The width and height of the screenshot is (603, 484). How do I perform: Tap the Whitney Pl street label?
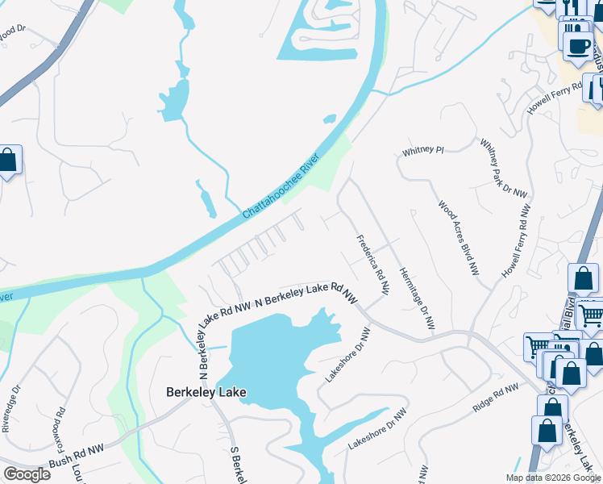click(423, 151)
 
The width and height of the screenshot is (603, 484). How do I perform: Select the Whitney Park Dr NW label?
click(503, 169)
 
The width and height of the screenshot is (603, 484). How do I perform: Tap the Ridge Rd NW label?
click(493, 400)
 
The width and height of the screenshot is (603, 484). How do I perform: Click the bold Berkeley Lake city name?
click(206, 393)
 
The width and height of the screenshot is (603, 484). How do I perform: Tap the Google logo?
click(27, 474)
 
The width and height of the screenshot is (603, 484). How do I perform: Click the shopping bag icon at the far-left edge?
click(7, 160)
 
